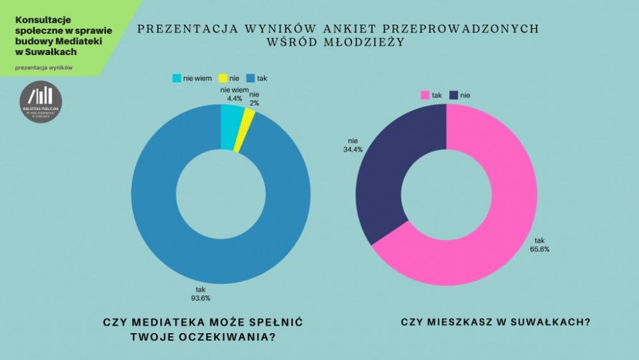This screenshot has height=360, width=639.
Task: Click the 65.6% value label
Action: pos(538,249)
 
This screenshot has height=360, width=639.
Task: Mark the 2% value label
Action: pos(254,103)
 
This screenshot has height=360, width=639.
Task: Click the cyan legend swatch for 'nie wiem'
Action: pos(176,78)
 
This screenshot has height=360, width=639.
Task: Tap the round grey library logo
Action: pos(41,102)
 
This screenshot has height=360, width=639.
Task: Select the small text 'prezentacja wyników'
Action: pos(43,68)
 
